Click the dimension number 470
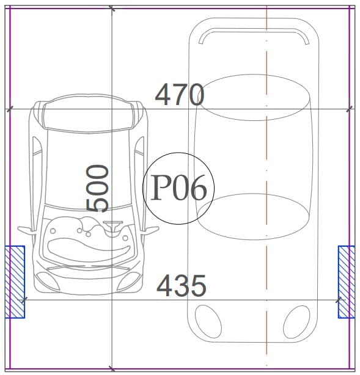(x=180, y=95)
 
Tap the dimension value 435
(x=181, y=286)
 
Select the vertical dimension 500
(x=97, y=188)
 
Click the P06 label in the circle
(x=178, y=188)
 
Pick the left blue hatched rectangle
(x=15, y=282)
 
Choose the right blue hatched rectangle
(x=347, y=282)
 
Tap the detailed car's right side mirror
(x=150, y=230)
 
